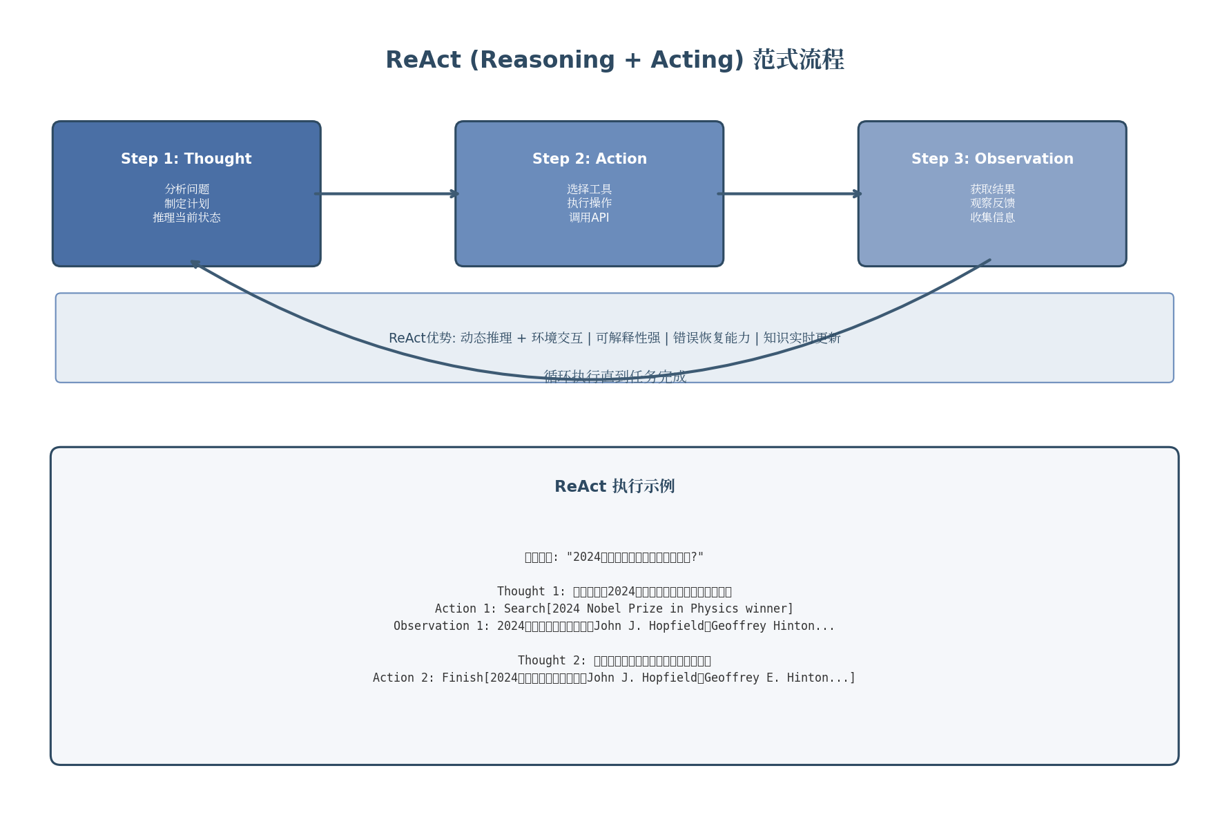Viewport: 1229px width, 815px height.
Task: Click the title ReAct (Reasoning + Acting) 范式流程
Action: (x=614, y=60)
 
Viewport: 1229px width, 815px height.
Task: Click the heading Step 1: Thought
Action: (x=186, y=159)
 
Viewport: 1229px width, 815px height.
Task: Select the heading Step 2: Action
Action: (x=589, y=159)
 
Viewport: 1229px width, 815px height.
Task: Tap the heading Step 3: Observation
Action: (x=992, y=159)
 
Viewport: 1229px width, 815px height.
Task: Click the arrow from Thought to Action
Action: (x=387, y=193)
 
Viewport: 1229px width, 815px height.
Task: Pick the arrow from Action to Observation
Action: (x=790, y=193)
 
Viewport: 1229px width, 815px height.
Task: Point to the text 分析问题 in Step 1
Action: (x=186, y=189)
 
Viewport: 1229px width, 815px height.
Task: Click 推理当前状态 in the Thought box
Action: (x=186, y=218)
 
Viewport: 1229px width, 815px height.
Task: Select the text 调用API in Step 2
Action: (x=589, y=218)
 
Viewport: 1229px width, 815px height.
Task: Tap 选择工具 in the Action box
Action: (x=589, y=189)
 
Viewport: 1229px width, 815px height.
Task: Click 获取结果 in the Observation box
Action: (x=992, y=189)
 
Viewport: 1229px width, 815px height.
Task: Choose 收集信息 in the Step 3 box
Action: (x=992, y=218)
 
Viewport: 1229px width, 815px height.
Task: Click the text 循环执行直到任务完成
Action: (x=614, y=376)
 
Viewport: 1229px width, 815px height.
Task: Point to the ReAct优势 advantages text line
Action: (x=614, y=338)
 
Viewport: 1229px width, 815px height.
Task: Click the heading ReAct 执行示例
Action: (x=614, y=486)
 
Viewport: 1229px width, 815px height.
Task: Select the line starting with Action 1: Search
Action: (x=614, y=608)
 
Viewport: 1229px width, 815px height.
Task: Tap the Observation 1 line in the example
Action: (x=614, y=626)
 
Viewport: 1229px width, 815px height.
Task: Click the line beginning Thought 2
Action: (x=614, y=660)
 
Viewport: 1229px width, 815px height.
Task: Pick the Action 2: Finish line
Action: (x=614, y=678)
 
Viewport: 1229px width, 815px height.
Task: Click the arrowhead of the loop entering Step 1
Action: (x=195, y=262)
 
